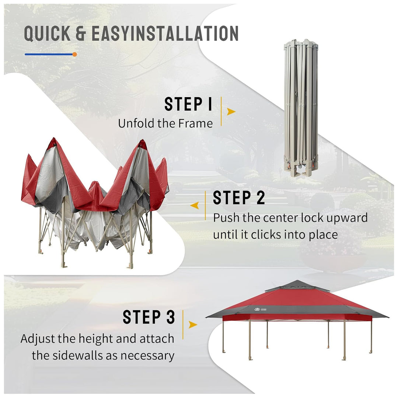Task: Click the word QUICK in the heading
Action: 47,33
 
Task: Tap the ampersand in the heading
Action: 81,33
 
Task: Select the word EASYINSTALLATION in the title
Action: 165,33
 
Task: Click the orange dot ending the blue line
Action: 74,54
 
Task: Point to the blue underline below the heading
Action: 49,54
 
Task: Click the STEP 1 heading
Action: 188,104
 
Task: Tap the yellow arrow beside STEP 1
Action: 231,111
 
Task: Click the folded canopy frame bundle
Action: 301,108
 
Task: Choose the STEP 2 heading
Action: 239,198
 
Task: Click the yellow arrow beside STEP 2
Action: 195,205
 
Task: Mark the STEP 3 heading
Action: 149,317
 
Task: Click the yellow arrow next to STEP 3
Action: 193,324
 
